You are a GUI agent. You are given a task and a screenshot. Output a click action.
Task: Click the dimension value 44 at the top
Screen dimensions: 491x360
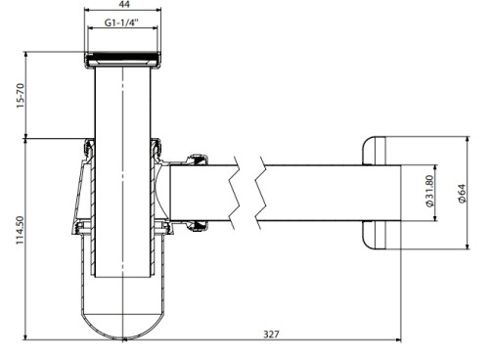pos(123,4)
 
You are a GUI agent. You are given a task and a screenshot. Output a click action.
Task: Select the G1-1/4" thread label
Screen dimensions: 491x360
pos(121,22)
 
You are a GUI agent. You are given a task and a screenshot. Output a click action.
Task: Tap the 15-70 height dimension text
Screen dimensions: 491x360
pos(21,96)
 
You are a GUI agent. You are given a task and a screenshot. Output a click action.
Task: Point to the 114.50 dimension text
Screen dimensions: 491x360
pos(21,230)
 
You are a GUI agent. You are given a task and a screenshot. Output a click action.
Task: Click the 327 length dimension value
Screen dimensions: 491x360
pos(271,335)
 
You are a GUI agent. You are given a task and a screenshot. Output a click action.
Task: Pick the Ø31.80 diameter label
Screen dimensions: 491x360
pos(429,191)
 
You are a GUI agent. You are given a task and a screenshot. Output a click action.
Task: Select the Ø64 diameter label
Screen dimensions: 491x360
pos(462,194)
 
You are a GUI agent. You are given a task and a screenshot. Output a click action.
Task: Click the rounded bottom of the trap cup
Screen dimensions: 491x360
pos(123,326)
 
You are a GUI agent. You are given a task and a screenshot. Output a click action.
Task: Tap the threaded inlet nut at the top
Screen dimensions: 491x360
pos(123,60)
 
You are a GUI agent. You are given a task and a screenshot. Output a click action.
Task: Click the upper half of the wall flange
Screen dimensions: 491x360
pos(374,151)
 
